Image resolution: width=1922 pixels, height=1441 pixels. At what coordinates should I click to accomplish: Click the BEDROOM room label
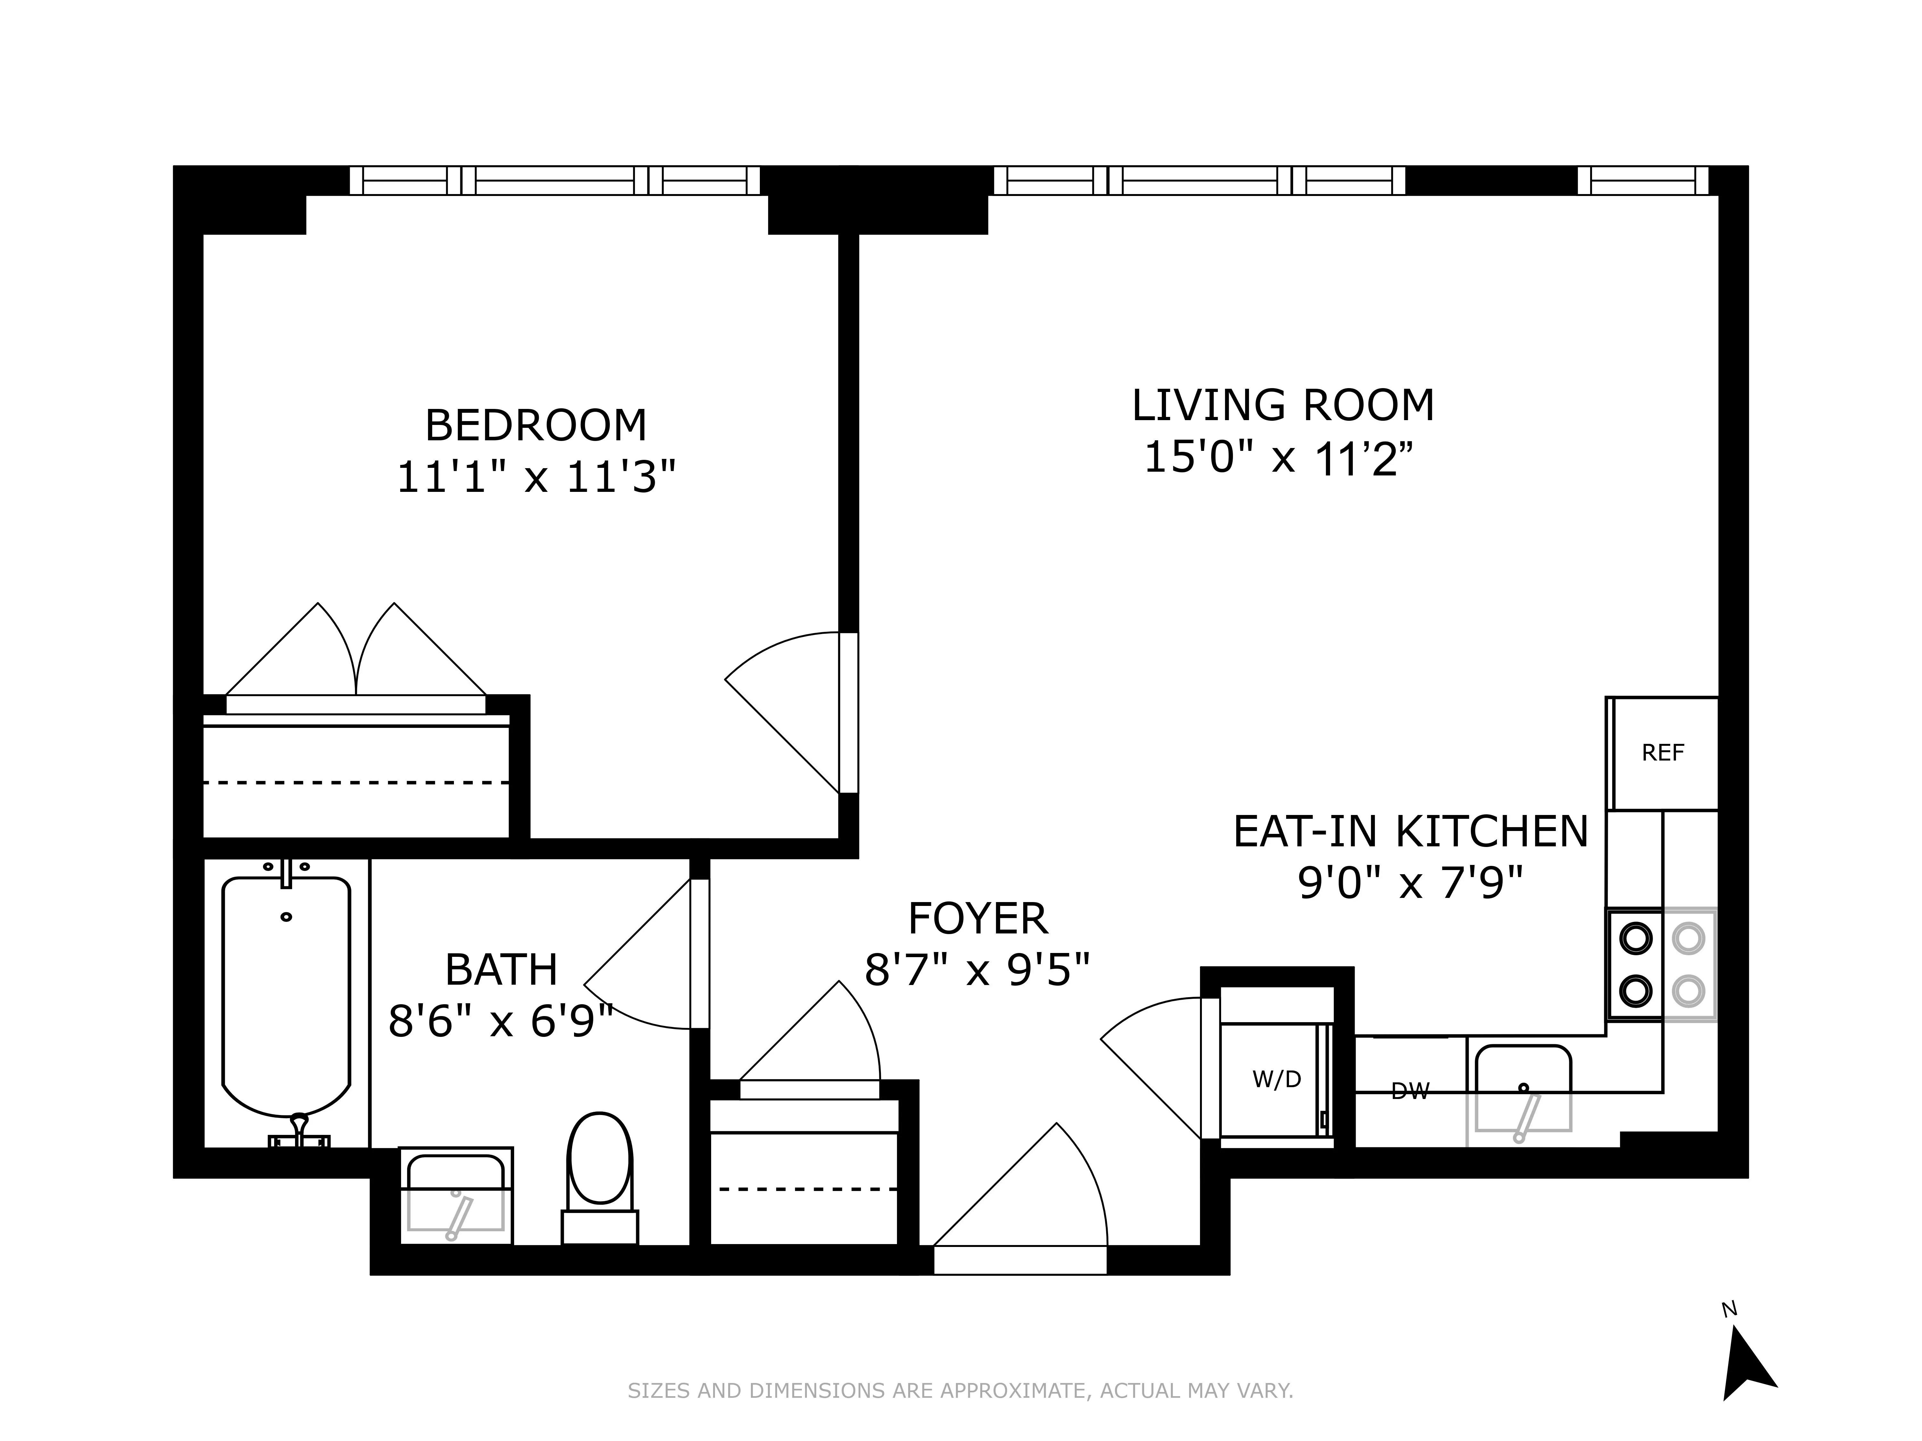tap(535, 426)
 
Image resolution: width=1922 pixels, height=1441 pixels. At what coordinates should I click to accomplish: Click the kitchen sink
tap(1523, 1091)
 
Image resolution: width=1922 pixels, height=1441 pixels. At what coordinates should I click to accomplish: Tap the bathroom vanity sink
tap(455, 1194)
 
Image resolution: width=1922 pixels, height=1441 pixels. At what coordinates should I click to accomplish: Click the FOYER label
tap(978, 919)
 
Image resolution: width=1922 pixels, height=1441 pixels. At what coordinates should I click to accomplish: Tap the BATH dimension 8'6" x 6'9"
tap(501, 1022)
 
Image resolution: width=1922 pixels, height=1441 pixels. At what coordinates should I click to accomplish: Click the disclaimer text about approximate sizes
tap(960, 1391)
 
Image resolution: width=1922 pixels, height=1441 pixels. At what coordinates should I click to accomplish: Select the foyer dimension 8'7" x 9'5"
tap(978, 969)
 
